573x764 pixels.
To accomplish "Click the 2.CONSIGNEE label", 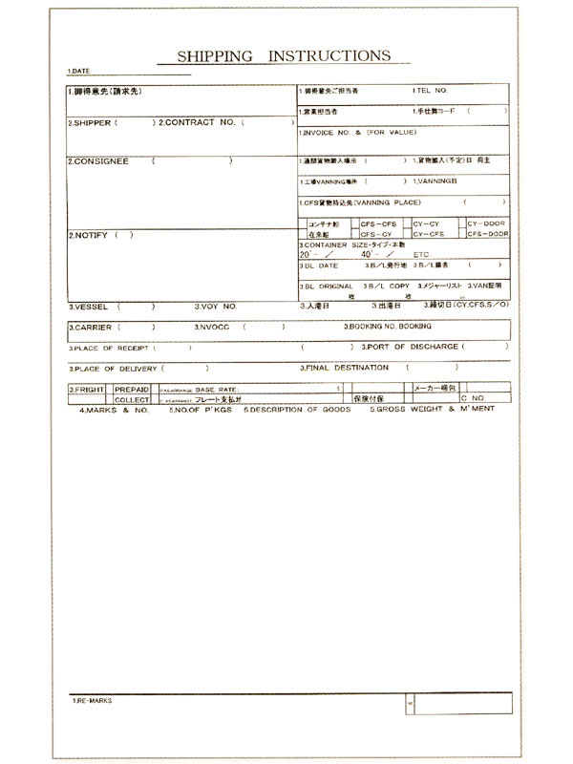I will [97, 161].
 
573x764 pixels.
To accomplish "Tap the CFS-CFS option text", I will [378, 223].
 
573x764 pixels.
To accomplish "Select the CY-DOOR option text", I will [487, 223].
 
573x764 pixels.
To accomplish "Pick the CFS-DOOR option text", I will [487, 234].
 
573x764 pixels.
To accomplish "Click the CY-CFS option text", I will [430, 234].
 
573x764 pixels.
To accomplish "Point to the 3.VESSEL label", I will [88, 308].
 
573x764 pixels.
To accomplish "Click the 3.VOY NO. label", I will [217, 308].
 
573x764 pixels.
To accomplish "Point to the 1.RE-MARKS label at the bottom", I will [92, 701].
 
